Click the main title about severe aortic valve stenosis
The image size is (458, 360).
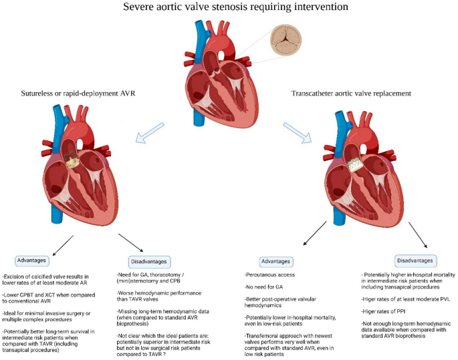click(x=229, y=9)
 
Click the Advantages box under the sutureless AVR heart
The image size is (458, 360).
click(x=33, y=257)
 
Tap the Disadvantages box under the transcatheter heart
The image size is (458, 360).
click(x=407, y=260)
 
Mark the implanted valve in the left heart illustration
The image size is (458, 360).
click(x=72, y=158)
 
